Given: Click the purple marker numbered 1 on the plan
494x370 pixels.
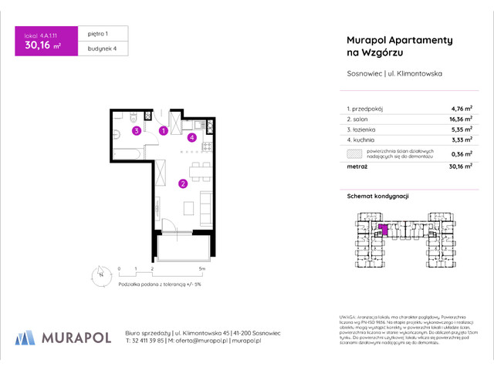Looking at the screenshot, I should tap(164, 131).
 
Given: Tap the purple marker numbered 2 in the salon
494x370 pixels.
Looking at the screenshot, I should tap(182, 183).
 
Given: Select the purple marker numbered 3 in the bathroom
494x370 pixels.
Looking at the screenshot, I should tap(136, 131).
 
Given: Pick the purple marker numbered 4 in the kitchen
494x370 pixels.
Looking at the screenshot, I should tap(191, 138).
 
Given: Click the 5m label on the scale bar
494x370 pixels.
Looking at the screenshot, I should tap(201, 268).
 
